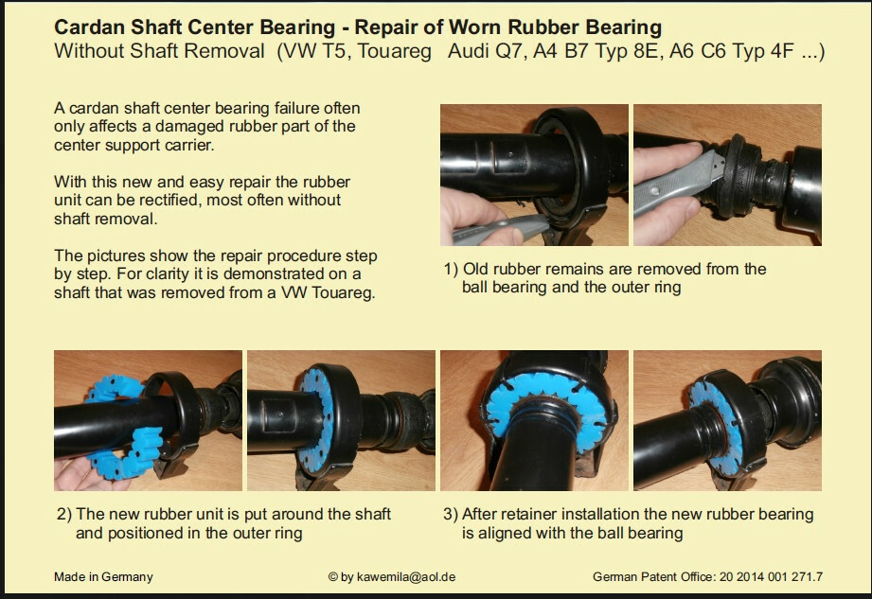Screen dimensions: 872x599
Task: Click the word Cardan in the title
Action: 90,27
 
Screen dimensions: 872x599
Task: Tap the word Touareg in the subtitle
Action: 394,51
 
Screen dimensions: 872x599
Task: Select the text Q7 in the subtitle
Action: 508,51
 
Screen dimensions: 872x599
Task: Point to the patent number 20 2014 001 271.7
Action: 771,577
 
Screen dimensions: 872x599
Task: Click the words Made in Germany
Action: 103,577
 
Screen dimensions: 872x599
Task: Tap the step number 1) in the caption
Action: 451,270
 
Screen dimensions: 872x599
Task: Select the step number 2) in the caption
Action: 64,514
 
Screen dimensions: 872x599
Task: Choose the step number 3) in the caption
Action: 451,514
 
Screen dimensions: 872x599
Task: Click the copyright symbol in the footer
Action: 333,577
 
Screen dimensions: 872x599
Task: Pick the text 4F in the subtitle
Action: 782,51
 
